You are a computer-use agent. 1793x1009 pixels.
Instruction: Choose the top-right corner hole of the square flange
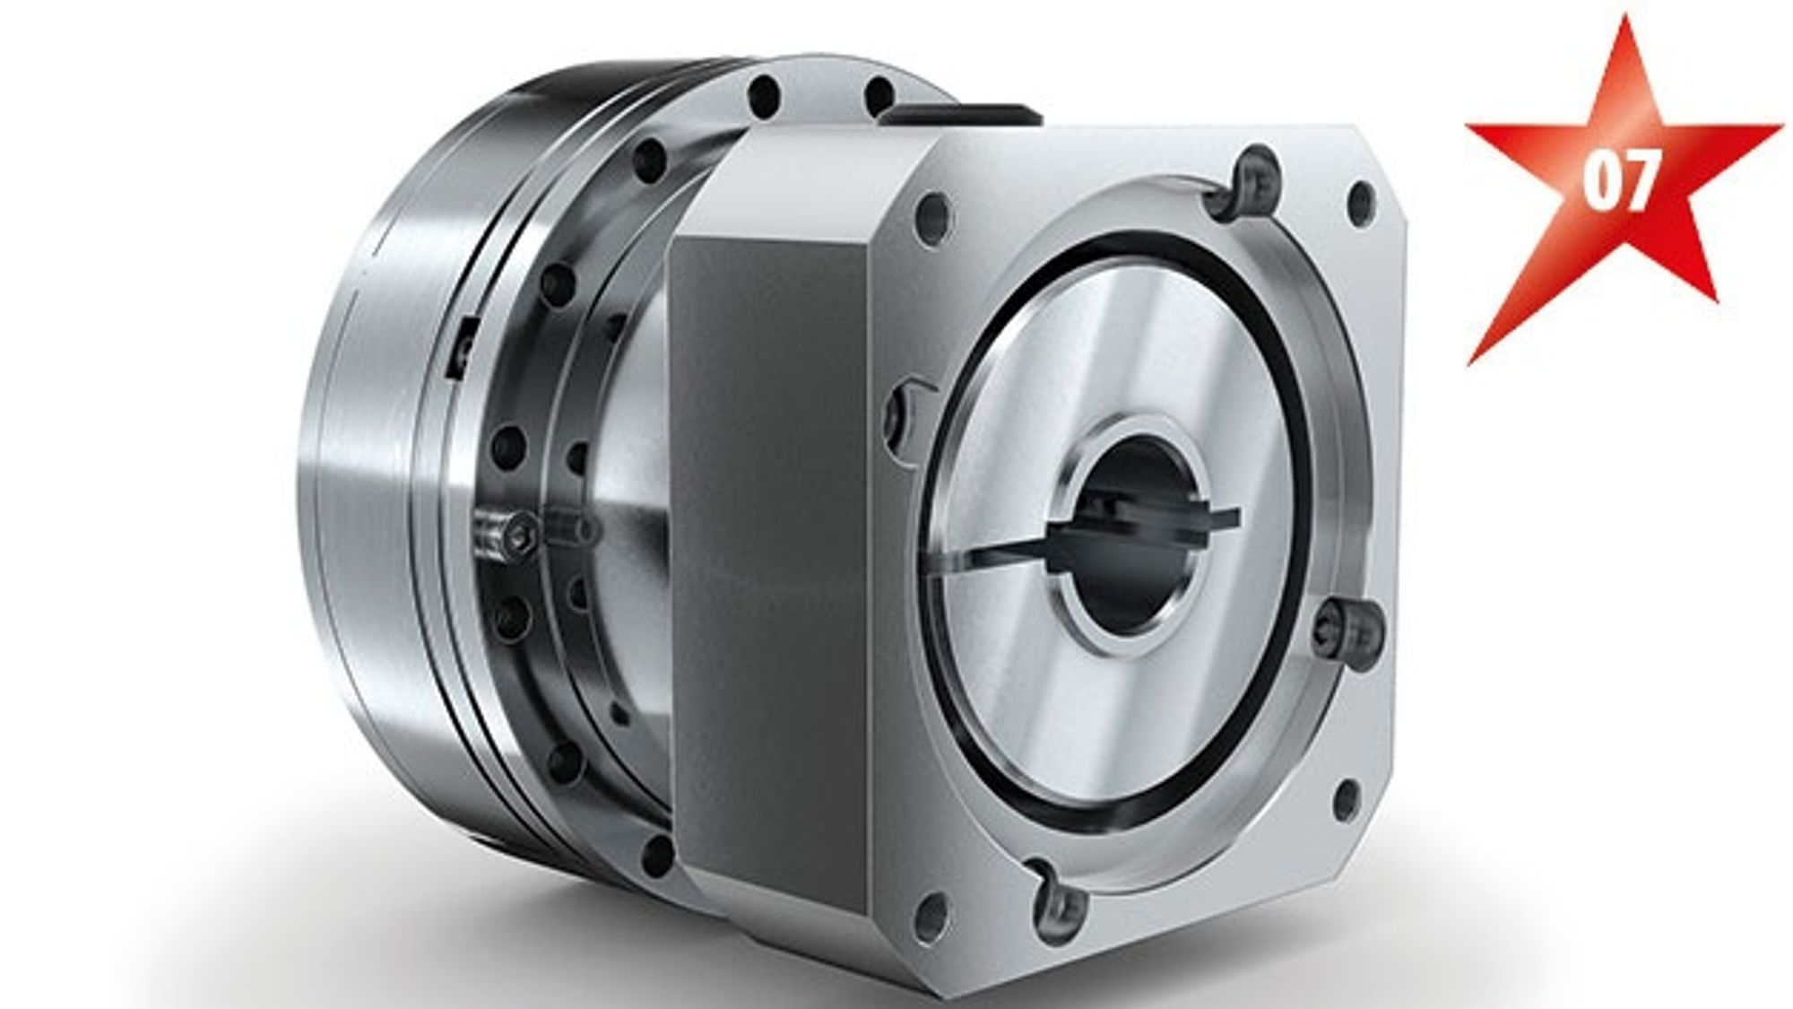tap(1361, 197)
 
